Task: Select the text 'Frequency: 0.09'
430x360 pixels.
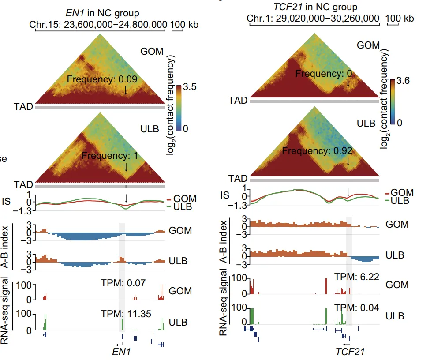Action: tap(102, 79)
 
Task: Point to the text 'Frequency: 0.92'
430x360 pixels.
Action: tap(317, 151)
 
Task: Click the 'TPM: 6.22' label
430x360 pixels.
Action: tap(356, 277)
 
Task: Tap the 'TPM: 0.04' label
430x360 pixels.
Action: tap(356, 307)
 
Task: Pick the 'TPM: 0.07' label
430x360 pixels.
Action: tap(123, 283)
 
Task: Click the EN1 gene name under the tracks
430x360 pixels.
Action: tap(121, 352)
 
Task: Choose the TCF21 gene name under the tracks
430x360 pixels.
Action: tap(350, 352)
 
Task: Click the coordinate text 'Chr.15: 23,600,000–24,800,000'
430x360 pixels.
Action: tap(98, 24)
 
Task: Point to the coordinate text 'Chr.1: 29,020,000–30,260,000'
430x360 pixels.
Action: tap(313, 19)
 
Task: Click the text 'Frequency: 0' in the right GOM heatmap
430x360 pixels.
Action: tap(324, 73)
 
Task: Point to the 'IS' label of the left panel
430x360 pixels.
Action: tap(6, 202)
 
